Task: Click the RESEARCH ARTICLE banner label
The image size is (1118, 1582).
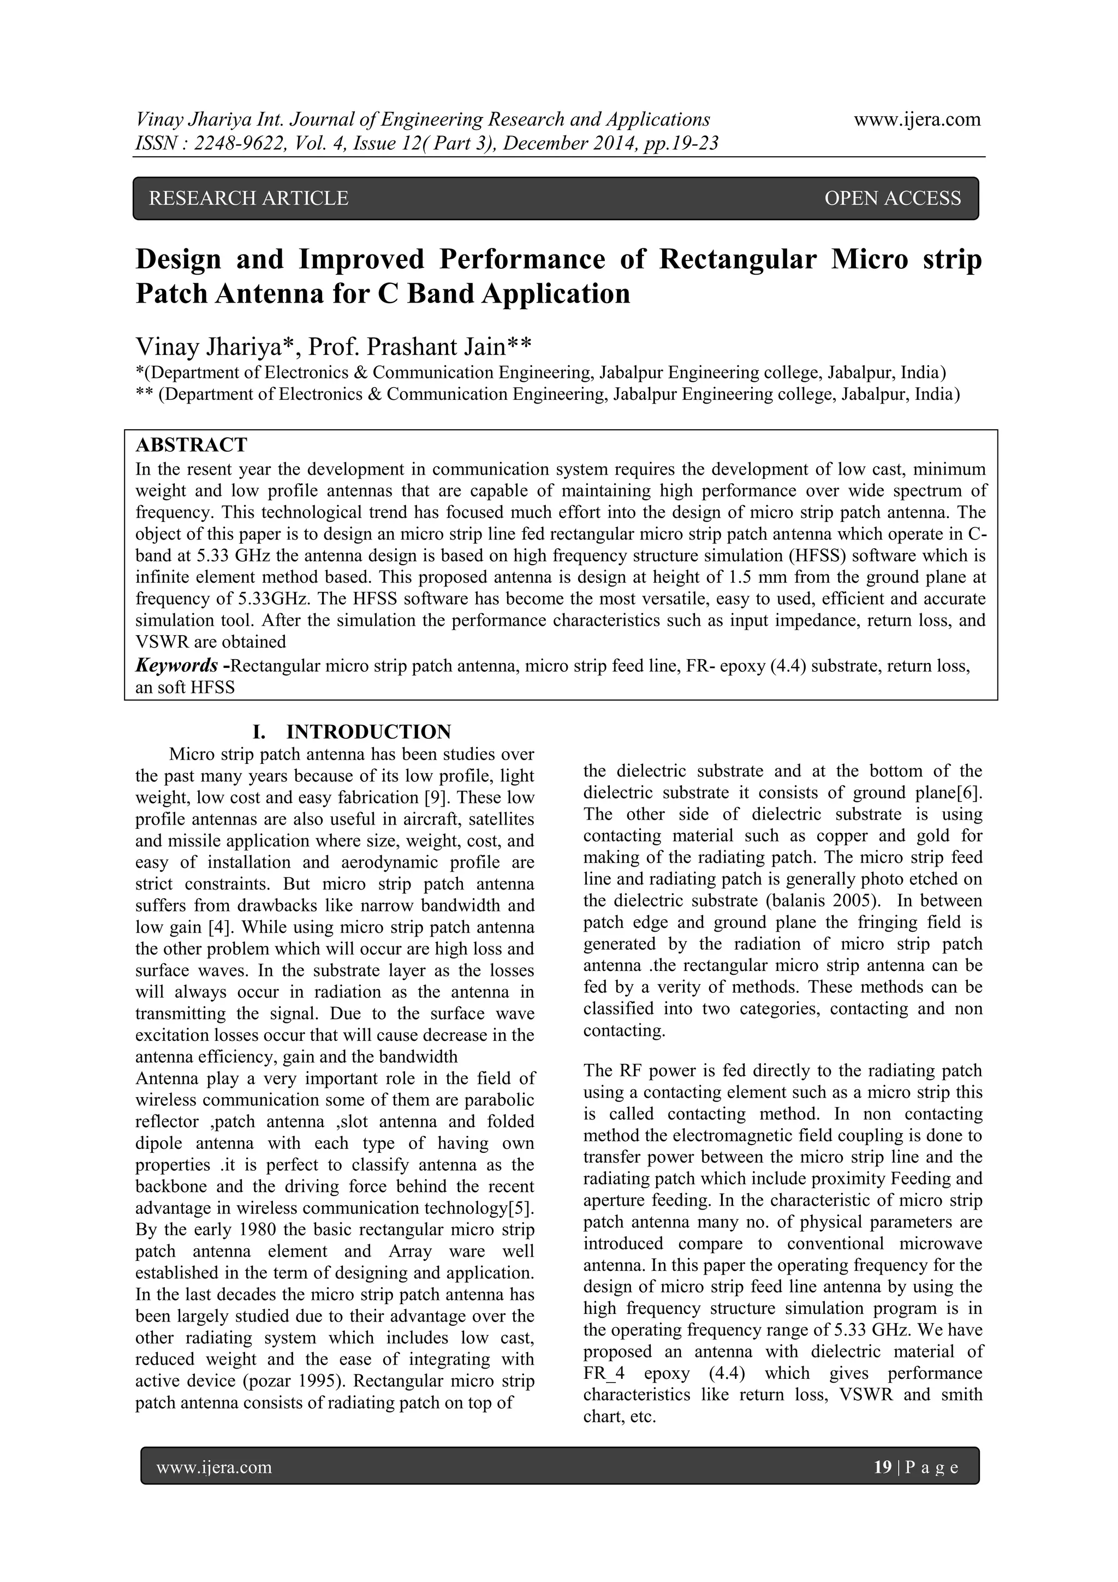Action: point(249,198)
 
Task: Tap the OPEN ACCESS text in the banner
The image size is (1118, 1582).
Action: point(892,198)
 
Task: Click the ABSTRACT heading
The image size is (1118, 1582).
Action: point(192,445)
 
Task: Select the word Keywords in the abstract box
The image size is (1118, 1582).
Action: point(176,666)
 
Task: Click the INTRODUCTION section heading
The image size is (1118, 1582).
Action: point(368,732)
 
